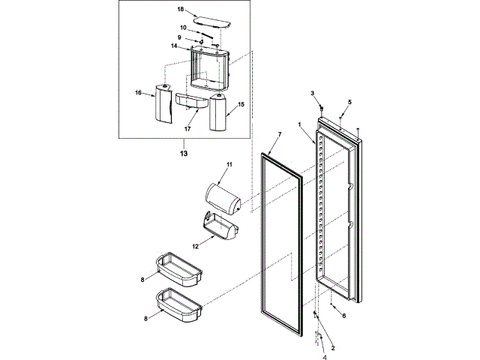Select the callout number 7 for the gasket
278,134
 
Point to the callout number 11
230,163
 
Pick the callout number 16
138,93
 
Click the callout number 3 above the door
312,92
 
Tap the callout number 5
349,101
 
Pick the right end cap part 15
218,112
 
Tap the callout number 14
173,46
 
